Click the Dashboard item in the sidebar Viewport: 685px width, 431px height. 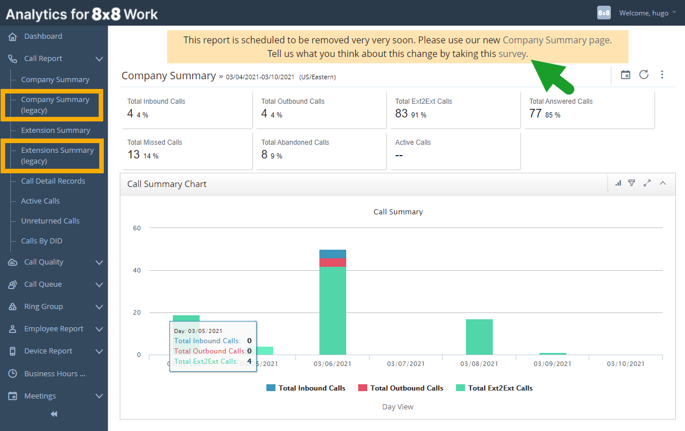43,36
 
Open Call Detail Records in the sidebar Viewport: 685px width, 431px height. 53,181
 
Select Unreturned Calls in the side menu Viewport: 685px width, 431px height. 50,221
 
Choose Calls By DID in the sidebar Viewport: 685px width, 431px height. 42,241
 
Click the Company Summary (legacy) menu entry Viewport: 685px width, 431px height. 55,105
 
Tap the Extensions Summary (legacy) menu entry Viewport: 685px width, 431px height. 57,156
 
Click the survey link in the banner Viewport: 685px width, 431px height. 513,54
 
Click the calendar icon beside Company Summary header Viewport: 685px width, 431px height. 625,75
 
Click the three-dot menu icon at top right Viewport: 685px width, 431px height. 662,75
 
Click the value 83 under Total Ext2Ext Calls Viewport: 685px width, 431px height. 402,113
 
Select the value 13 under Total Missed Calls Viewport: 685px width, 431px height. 133,154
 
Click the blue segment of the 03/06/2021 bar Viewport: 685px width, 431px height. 333,254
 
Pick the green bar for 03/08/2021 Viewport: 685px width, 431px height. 479,337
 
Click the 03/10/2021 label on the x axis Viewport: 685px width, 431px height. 626,364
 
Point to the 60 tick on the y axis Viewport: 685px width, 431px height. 137,228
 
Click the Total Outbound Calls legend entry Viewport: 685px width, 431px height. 400,388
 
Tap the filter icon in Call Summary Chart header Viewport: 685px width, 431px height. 631,183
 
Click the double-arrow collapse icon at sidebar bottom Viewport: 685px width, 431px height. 54,414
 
